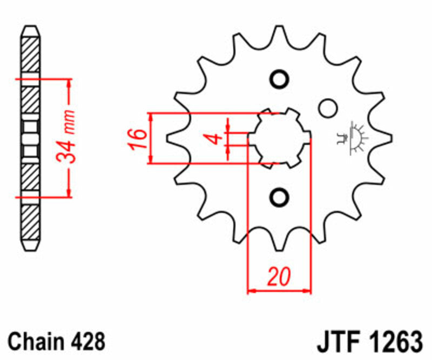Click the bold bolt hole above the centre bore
[x=280, y=79]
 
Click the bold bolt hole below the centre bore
[x=280, y=197]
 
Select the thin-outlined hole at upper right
[x=326, y=108]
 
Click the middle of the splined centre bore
[x=280, y=138]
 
